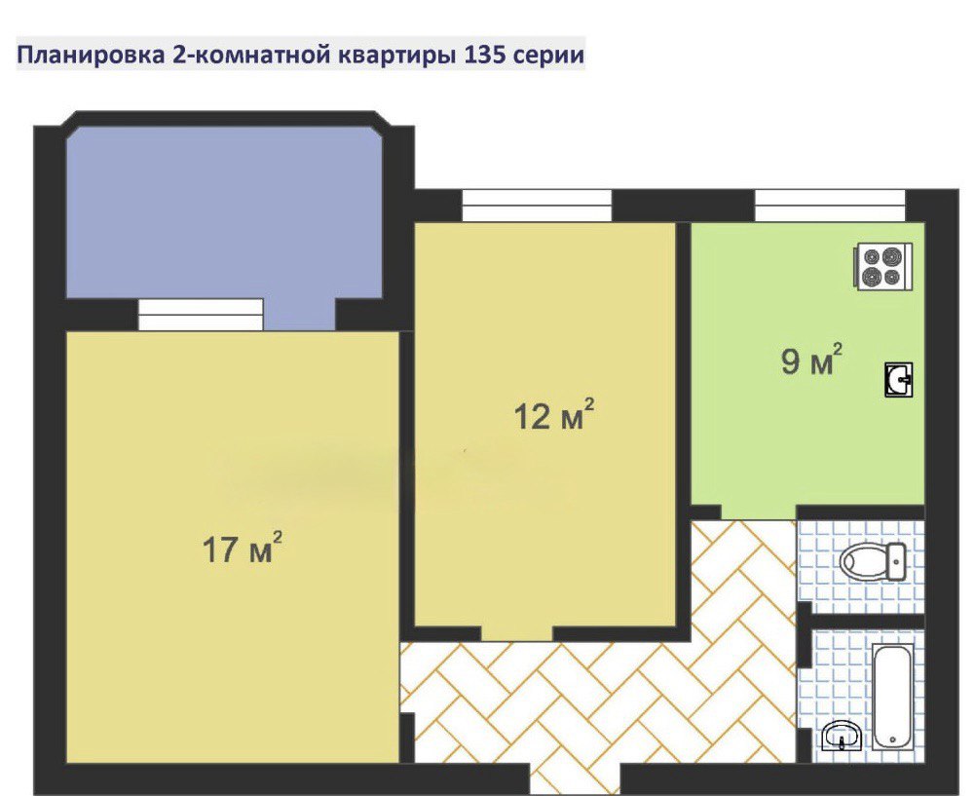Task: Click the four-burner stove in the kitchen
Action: pos(883,266)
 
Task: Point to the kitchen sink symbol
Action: pos(898,379)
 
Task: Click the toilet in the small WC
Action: pos(873,561)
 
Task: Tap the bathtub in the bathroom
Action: pos(893,697)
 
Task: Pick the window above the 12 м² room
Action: pos(537,206)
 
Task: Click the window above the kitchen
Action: pos(830,206)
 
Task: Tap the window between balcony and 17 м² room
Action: pos(201,315)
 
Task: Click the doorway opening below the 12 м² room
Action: pos(517,633)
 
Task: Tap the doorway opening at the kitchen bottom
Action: pos(759,512)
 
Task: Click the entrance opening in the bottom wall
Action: pos(575,779)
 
